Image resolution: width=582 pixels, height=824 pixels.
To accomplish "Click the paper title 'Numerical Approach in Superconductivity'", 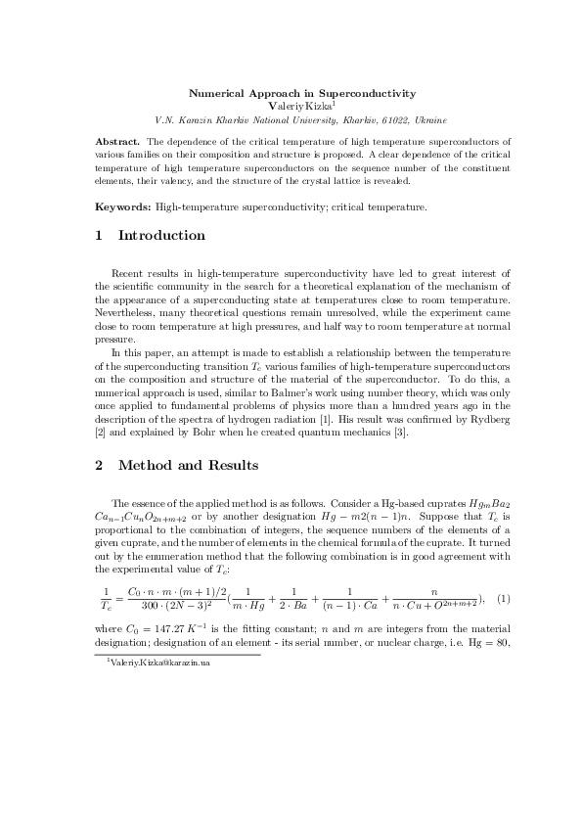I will point(301,93).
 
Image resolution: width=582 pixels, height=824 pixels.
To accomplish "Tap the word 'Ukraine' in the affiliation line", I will point(429,119).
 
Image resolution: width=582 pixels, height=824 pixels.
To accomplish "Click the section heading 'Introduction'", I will point(161,236).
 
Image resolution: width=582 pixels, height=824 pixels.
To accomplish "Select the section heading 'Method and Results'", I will point(188,466).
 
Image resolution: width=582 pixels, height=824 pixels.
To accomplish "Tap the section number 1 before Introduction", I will point(99,236).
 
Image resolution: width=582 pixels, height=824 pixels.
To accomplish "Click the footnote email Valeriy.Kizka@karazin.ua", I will point(160,663).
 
